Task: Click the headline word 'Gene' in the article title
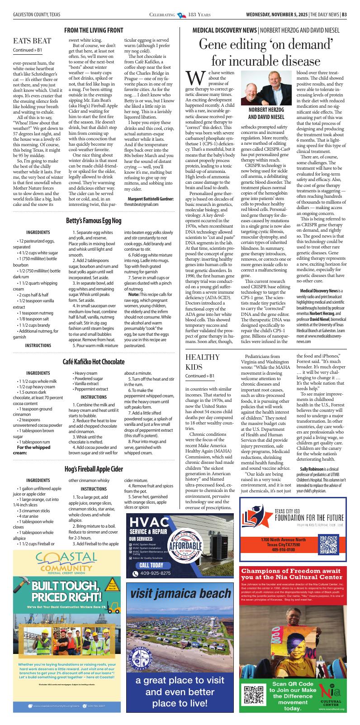point(216,44)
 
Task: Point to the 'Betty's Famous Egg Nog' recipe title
point(94,221)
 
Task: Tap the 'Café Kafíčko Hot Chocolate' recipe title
point(94,362)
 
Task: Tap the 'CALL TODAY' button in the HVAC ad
point(151,565)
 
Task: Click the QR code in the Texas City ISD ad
point(329,544)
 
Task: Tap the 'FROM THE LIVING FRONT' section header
point(94,30)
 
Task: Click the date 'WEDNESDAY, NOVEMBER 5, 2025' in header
point(276,14)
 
